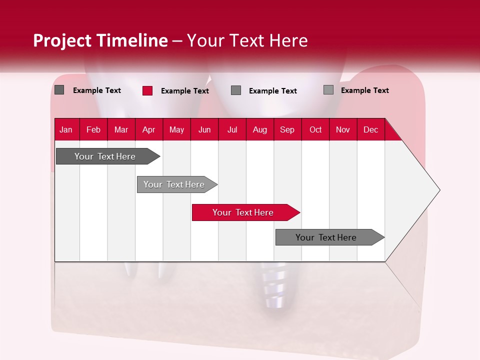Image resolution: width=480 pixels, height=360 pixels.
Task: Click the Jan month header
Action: point(66,129)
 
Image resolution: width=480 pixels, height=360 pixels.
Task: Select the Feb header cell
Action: point(93,129)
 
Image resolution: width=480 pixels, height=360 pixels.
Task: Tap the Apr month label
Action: point(148,129)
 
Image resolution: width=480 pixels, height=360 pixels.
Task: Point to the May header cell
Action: point(176,129)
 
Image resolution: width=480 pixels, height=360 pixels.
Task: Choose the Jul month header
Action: point(232,129)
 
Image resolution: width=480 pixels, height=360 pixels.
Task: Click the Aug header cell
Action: point(259,129)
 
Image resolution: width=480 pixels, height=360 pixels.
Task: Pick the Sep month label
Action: point(287,129)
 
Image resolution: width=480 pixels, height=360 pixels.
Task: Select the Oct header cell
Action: point(315,129)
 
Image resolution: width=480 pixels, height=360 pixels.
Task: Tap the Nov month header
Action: point(343,129)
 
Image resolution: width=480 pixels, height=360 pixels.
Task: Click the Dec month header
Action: point(370,129)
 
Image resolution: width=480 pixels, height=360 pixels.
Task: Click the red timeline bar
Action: point(242,212)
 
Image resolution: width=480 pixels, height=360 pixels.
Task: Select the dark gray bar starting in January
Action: point(105,156)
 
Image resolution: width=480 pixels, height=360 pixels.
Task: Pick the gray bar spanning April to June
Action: point(174,184)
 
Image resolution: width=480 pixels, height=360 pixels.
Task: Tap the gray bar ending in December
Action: point(326,237)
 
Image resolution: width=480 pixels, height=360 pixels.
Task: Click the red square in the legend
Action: point(147,90)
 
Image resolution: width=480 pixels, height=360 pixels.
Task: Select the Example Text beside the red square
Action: point(185,91)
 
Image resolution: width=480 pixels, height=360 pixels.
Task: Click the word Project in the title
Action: point(62,40)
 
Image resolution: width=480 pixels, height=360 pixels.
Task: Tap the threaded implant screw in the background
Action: point(272,287)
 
